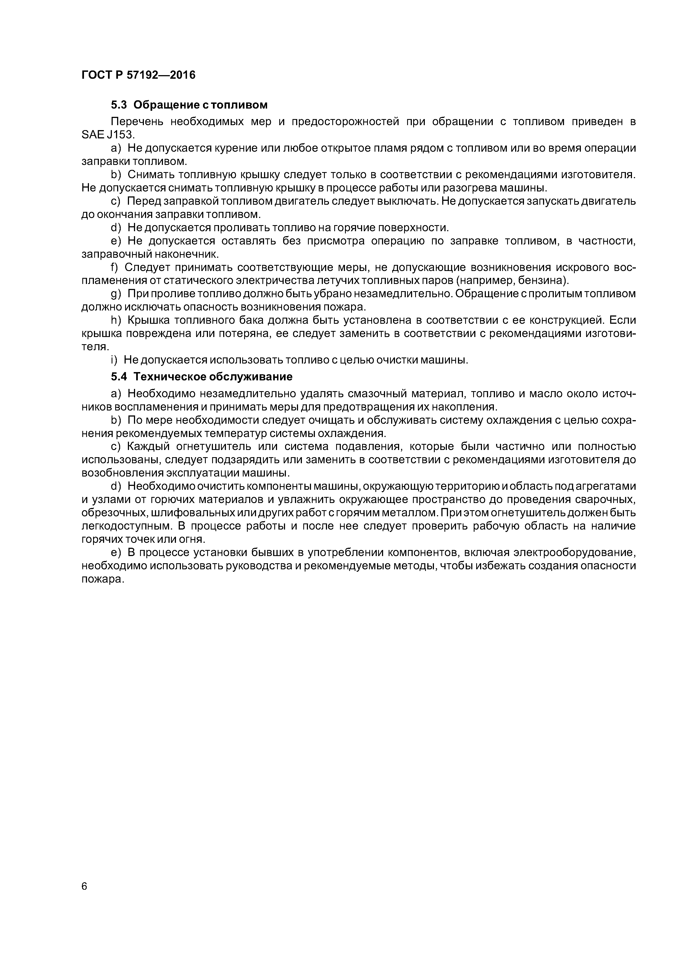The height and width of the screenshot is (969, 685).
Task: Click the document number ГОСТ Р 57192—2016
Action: [138, 75]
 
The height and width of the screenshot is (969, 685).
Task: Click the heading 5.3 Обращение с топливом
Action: [189, 105]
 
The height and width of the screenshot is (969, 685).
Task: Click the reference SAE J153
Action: [107, 135]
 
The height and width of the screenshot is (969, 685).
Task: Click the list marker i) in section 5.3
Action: [114, 360]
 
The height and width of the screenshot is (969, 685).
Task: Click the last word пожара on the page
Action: [101, 580]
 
